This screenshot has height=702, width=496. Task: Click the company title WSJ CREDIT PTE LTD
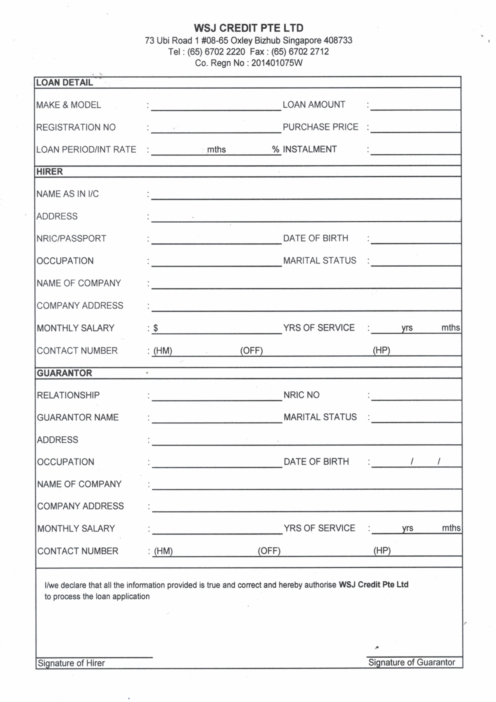(x=248, y=28)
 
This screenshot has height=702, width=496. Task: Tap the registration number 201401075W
(x=277, y=63)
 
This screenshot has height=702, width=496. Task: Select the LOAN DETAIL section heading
(x=64, y=83)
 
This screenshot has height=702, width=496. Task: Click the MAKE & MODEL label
(x=68, y=105)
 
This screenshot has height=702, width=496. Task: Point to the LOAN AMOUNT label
(x=314, y=105)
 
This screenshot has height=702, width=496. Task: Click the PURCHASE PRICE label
(x=320, y=127)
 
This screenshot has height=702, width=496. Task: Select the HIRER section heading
(x=49, y=172)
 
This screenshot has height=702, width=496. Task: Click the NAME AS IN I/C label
(x=67, y=194)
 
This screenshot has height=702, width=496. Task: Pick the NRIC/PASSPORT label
(x=71, y=239)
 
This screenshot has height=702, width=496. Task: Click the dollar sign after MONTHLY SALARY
(x=155, y=328)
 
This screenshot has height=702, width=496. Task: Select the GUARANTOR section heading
(x=64, y=373)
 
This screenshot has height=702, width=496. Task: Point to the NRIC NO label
(x=301, y=395)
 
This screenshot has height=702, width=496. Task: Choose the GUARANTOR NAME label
(x=78, y=417)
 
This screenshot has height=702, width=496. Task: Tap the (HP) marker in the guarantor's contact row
(x=382, y=551)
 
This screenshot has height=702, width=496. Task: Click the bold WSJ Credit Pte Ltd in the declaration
(x=373, y=585)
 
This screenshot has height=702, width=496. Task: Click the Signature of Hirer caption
(x=71, y=663)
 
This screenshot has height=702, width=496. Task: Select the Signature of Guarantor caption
(x=411, y=662)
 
